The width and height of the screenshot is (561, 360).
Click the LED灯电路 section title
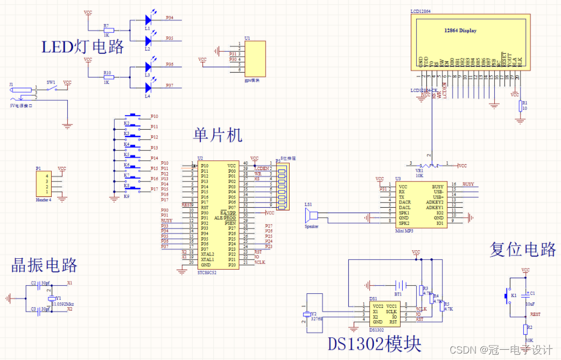point(83,47)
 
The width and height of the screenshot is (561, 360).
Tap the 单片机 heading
point(218,135)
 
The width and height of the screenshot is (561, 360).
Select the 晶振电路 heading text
point(45,265)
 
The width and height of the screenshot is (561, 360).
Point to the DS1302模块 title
point(375,343)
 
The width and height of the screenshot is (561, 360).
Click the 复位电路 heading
point(522,249)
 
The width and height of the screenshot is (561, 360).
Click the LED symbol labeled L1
point(148,19)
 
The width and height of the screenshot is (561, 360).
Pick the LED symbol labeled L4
point(148,86)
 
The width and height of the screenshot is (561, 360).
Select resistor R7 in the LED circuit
point(109,31)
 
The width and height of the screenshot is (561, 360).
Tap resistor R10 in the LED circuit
point(109,77)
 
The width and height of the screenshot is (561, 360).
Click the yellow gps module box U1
point(253,59)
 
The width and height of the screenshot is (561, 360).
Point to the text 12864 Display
point(460,31)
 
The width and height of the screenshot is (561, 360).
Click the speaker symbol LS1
point(310,216)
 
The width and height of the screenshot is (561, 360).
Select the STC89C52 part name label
point(208,273)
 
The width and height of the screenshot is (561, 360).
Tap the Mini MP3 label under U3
point(404,230)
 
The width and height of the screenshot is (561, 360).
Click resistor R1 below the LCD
point(520,105)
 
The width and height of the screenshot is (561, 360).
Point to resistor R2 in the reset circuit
point(525,328)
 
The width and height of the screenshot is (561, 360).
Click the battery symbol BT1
point(399,285)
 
